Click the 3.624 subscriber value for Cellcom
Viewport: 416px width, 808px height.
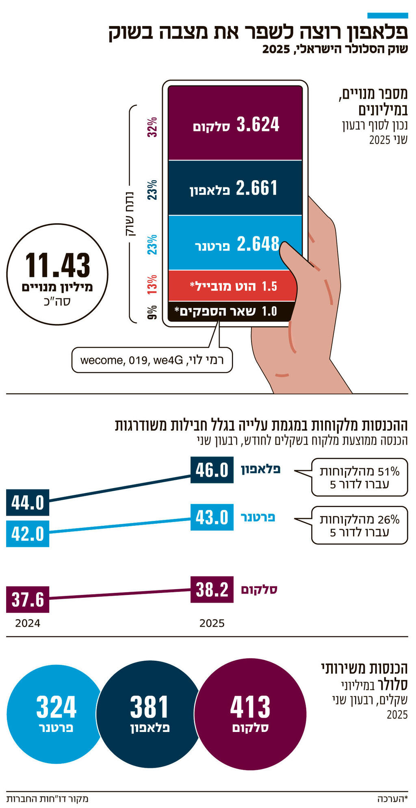(258, 124)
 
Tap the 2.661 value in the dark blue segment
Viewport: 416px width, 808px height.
(256, 188)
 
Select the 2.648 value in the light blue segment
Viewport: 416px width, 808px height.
(258, 244)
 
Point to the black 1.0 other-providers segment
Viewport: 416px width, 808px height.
(227, 311)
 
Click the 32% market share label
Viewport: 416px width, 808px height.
(152, 127)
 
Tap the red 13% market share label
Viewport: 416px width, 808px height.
(152, 285)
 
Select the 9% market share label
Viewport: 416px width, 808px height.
(152, 312)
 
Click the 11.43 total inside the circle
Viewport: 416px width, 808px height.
(57, 266)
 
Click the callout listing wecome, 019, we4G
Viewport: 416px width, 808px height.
(152, 360)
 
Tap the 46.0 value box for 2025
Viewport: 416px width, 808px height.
(212, 470)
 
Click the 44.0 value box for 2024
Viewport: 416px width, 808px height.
(28, 503)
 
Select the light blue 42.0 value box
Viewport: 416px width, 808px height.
(28, 534)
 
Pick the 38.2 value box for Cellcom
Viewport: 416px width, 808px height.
(212, 589)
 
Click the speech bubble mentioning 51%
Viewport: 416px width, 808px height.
(359, 477)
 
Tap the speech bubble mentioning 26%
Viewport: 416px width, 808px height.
(359, 525)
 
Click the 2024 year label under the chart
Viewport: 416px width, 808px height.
(28, 623)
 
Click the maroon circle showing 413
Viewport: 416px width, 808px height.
(250, 714)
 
